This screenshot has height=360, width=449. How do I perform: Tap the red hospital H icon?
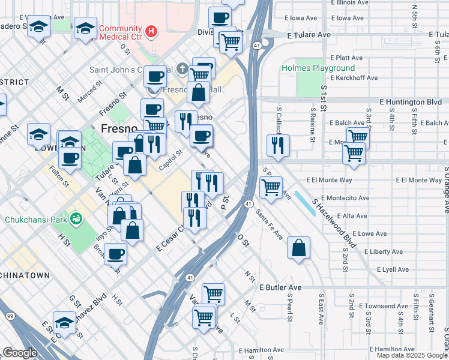(x=152, y=29)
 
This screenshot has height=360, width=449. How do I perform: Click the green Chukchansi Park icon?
(x=76, y=218)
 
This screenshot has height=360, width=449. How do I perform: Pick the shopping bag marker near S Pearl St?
(x=298, y=248)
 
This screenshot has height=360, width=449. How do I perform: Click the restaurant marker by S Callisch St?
(x=278, y=145)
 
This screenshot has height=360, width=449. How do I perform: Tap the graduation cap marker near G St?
(x=64, y=323)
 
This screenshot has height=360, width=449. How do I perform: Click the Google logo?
(x=20, y=353)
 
